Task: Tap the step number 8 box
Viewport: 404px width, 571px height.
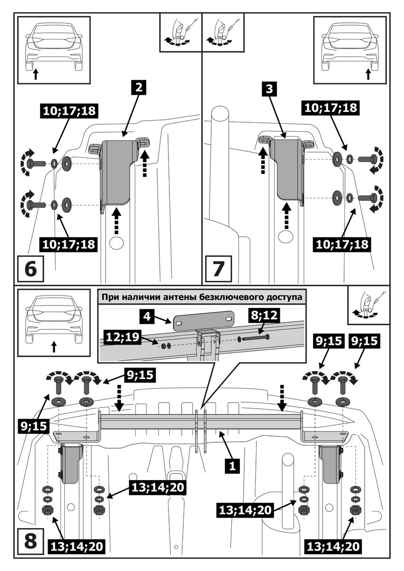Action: point(30,541)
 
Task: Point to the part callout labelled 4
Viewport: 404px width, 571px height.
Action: point(148,315)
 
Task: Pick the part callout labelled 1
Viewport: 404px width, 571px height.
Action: point(233,464)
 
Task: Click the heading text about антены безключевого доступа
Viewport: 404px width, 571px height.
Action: point(201,297)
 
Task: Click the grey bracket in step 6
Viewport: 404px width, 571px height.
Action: point(116,171)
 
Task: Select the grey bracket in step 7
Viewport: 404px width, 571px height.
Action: point(287,169)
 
